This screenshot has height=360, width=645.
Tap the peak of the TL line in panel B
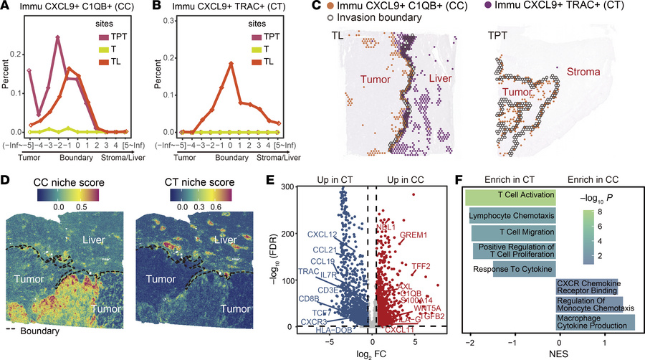point(230,63)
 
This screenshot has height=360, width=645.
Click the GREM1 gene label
point(413,235)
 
